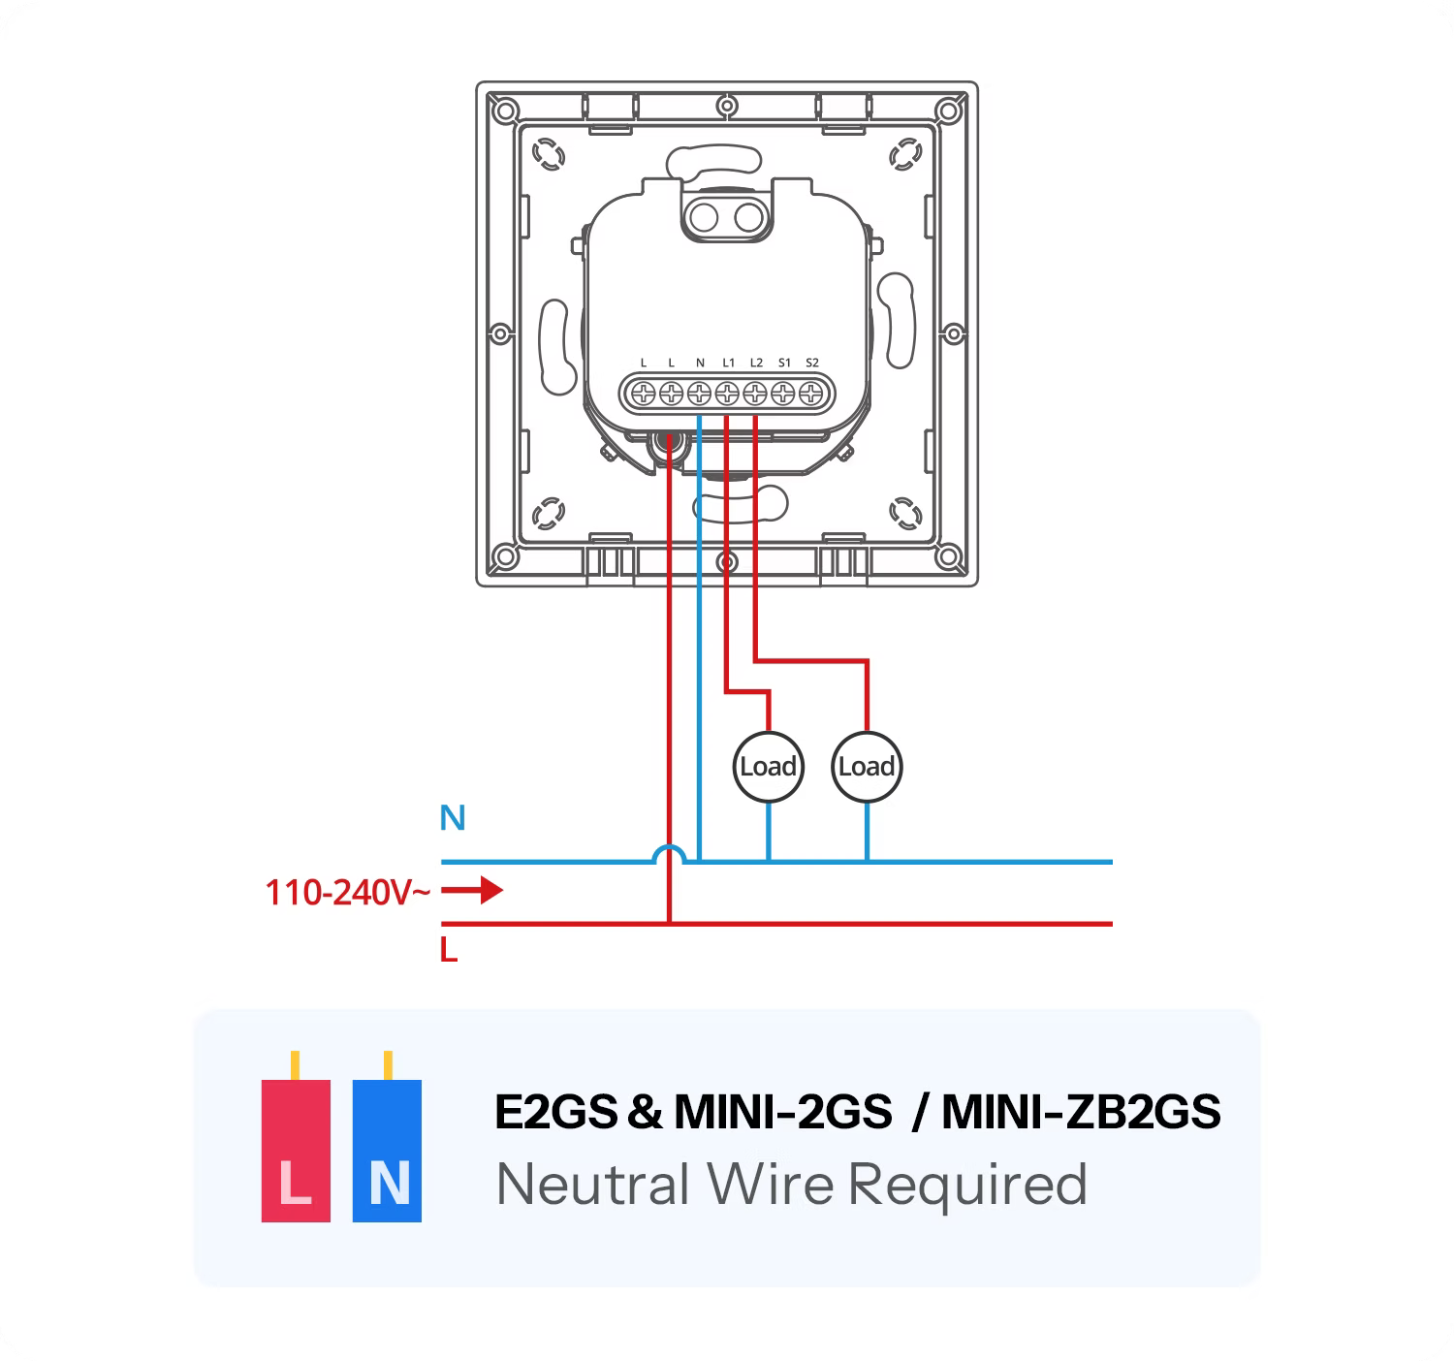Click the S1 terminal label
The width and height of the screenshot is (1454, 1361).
click(784, 364)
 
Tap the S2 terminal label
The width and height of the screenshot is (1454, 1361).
click(812, 364)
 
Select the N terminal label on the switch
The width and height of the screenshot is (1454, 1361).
click(700, 364)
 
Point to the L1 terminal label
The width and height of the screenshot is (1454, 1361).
click(728, 364)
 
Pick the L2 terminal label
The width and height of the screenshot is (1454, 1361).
click(756, 364)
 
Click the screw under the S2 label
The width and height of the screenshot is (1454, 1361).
click(811, 394)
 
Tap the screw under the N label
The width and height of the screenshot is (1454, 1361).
click(699, 394)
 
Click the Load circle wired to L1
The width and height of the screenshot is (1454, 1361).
click(768, 767)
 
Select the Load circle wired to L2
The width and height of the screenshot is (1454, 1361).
click(866, 767)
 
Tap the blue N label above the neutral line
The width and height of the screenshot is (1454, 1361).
click(453, 819)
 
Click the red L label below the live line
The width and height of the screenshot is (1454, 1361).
click(448, 951)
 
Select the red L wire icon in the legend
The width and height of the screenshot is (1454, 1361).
click(296, 1150)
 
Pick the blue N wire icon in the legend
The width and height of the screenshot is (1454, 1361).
click(387, 1150)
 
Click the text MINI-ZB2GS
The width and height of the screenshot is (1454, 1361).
click(1080, 1112)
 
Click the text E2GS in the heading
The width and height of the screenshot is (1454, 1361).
click(555, 1112)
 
